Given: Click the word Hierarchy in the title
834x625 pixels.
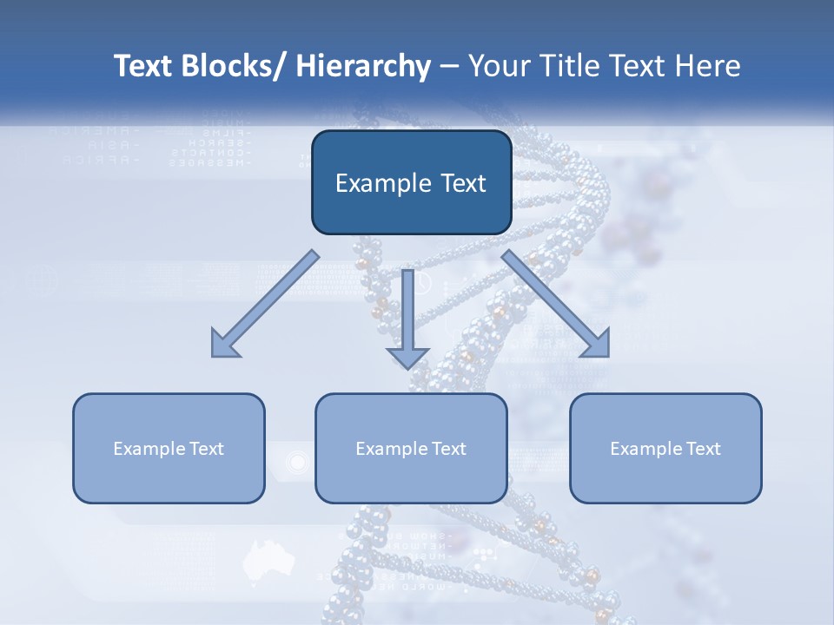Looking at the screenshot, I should click(363, 67).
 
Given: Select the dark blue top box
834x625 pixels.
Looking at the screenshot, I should click(411, 182).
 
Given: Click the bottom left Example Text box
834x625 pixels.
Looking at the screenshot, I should click(169, 448).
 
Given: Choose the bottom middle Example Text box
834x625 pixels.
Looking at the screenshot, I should click(411, 448).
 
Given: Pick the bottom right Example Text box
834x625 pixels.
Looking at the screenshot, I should click(665, 448).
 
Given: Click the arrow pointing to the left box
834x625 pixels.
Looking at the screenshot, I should click(265, 304).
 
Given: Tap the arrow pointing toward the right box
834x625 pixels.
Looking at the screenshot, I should click(556, 304).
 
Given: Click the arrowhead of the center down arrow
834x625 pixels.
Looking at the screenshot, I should click(408, 356).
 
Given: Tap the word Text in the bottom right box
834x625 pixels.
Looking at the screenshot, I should click(702, 449).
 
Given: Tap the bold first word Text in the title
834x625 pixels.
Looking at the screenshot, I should click(143, 67).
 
